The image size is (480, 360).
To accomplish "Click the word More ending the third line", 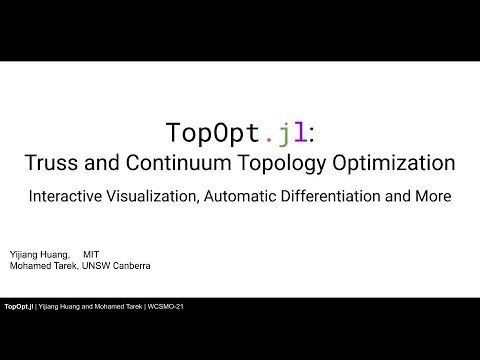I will (433, 196).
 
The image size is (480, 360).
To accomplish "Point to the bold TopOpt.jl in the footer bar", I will (20, 305).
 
